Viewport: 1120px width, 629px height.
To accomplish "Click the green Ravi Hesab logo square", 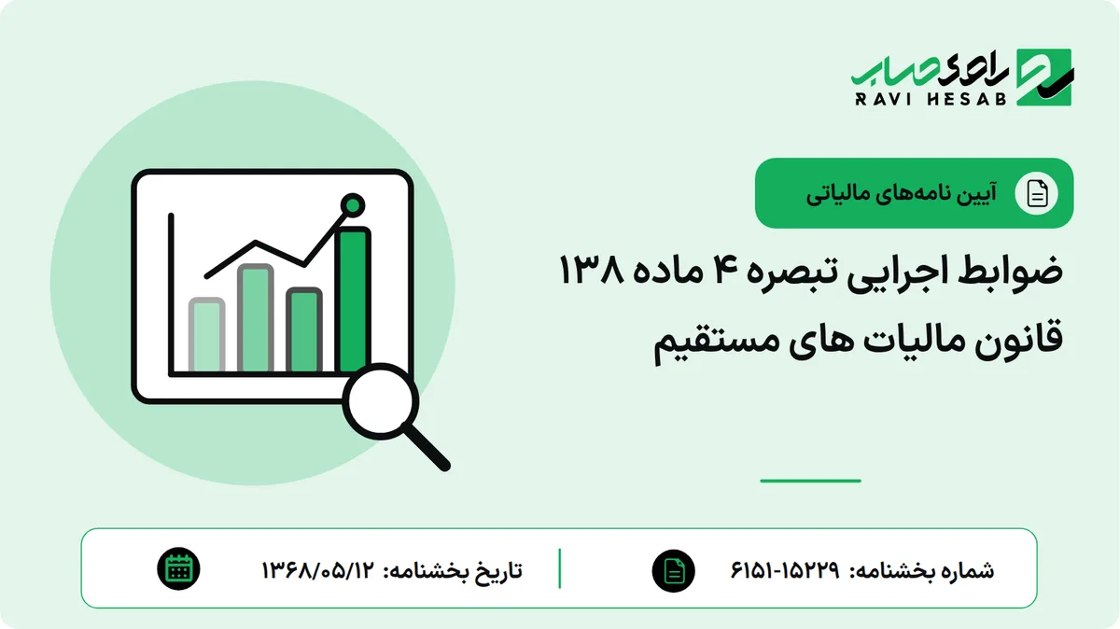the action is coord(1044,77).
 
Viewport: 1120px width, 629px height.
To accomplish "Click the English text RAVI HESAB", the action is coord(931,99).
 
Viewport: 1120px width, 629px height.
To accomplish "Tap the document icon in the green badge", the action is coord(1037,193).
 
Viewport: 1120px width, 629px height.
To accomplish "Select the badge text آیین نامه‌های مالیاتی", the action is coord(902,194).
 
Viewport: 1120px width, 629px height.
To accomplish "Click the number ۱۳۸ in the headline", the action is coord(592,270).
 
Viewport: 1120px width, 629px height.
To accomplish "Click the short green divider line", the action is coord(810,481).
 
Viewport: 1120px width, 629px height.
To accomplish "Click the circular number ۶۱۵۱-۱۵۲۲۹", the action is coord(785,570).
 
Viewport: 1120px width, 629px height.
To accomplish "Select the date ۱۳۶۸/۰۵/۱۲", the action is coord(317,570).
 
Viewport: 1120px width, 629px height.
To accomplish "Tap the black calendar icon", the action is coord(178,569).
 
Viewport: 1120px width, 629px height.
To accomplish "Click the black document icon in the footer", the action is coord(674,570).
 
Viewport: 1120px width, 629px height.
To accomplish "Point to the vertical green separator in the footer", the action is coord(559,568).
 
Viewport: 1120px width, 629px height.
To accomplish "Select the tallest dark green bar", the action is coord(353,300).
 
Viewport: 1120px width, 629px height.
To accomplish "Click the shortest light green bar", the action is coord(206,335).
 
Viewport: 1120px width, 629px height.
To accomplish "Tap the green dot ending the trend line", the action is coord(353,205).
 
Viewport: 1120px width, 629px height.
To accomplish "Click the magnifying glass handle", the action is coord(427,446).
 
